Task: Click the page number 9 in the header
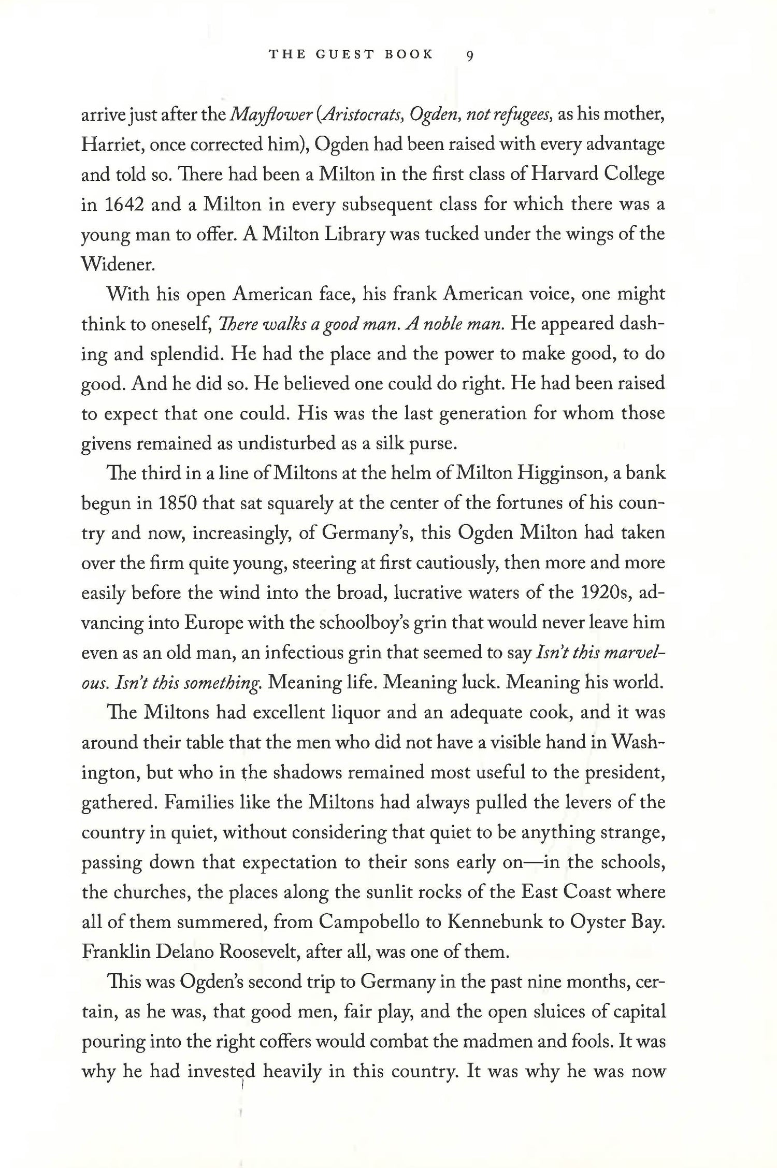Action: coord(469,55)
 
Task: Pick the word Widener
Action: coord(118,264)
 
